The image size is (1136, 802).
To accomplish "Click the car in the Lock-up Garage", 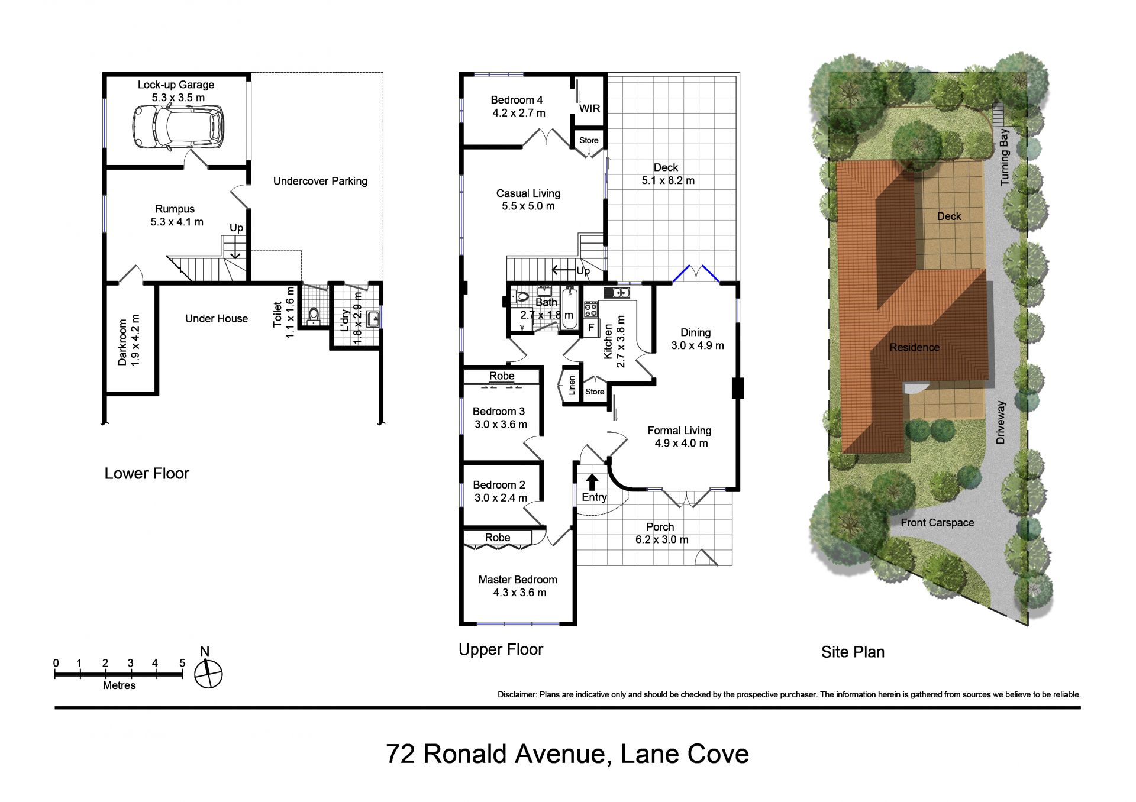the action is [177, 127].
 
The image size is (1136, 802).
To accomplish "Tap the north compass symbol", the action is [208, 674].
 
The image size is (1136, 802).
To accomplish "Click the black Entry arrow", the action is [592, 482].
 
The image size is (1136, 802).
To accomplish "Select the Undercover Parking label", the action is [320, 181].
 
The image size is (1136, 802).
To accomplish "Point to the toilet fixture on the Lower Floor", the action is [314, 314].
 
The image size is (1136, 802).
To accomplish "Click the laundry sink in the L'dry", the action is [373, 319].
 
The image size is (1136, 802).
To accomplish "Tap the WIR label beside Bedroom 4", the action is [589, 108].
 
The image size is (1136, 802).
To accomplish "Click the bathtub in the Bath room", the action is [569, 308].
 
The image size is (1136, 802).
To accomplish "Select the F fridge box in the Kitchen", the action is [591, 328].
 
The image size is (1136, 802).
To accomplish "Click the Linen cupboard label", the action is [572, 386].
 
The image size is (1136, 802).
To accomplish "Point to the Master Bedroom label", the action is [518, 580].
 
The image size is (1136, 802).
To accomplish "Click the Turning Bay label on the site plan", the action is [1004, 157].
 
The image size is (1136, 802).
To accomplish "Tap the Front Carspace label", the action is [937, 522].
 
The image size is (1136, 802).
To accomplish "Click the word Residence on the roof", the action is [914, 347].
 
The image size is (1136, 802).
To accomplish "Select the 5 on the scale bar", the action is [182, 663].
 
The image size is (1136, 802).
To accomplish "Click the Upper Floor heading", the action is [501, 649].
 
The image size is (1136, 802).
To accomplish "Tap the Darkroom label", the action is [122, 342].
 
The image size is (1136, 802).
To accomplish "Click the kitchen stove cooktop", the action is [590, 309].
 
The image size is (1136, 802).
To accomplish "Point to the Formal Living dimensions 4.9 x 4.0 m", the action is [681, 443].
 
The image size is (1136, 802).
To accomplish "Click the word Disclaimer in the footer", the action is [516, 694].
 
